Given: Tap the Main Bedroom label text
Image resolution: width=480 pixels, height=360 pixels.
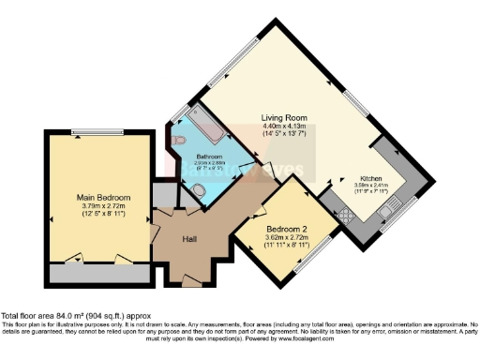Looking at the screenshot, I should (103, 198).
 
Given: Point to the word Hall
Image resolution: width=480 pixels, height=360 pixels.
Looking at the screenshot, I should (189, 239).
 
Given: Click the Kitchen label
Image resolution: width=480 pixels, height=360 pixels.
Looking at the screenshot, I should (368, 178).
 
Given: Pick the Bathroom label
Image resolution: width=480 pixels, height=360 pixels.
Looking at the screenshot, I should (209, 155).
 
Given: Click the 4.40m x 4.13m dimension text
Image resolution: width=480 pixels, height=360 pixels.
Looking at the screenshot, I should (284, 127).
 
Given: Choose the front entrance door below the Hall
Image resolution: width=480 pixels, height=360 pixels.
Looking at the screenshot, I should (190, 281).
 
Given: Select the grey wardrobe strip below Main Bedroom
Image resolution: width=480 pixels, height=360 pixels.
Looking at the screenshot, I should (97, 275).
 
